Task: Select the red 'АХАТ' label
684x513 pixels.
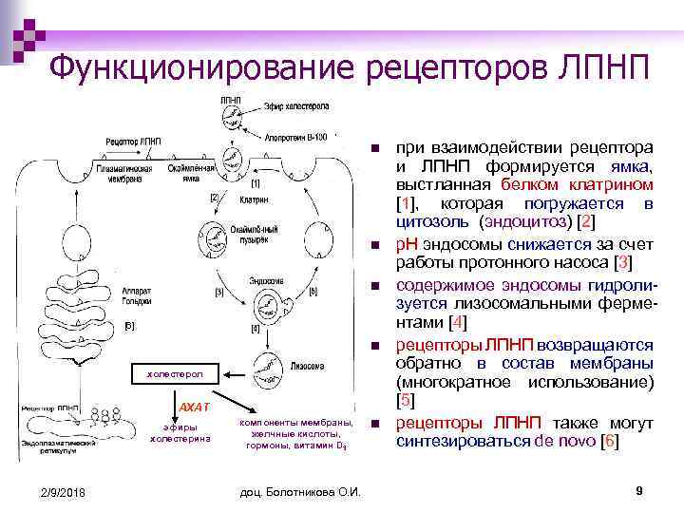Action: tap(193, 408)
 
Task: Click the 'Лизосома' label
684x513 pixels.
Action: tap(309, 365)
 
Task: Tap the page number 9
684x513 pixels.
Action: tap(639, 490)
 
